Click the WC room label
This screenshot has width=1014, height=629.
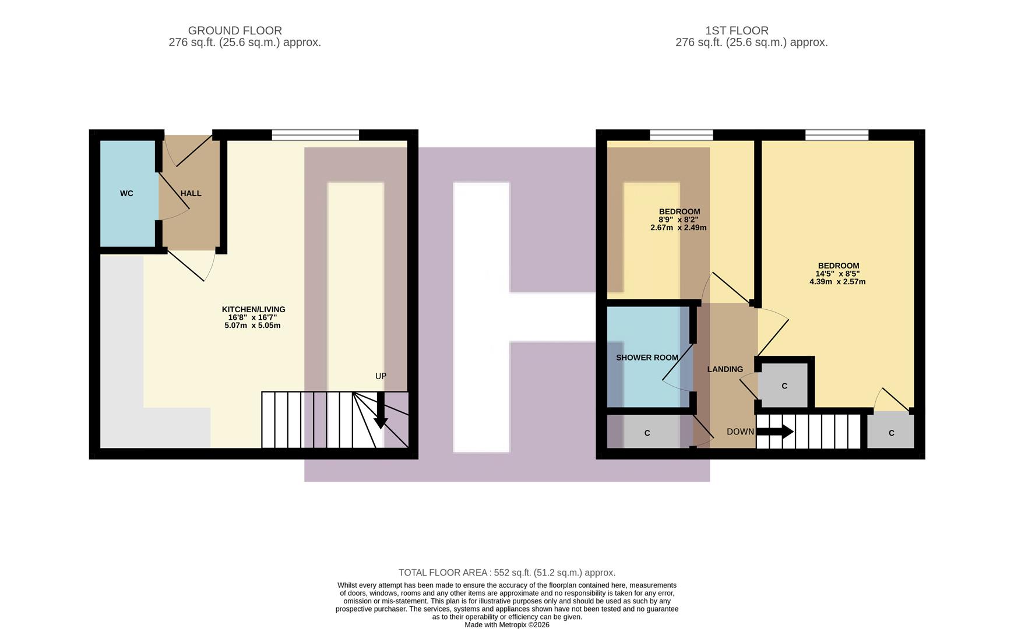tap(126, 193)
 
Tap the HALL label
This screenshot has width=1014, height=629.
tap(191, 193)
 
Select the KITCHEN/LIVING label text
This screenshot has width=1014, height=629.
tap(254, 309)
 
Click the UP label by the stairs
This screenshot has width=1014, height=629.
tap(381, 376)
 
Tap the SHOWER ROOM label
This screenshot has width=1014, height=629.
tap(647, 358)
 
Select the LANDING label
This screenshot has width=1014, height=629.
tap(725, 369)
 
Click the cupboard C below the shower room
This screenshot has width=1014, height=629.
tap(647, 433)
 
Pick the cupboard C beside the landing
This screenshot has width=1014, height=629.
tap(784, 386)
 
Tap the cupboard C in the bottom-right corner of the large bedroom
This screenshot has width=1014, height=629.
tap(891, 433)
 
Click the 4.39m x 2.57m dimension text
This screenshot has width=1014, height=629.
tap(837, 282)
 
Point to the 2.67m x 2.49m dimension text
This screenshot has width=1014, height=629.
tap(678, 228)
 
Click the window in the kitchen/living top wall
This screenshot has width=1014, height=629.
tap(315, 135)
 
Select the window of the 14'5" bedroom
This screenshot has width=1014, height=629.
tap(837, 135)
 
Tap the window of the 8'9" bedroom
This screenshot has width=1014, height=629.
tap(681, 135)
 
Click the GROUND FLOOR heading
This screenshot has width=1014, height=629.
tap(235, 30)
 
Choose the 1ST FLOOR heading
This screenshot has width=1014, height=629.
tap(737, 30)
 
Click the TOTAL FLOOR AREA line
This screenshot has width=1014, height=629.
tap(507, 573)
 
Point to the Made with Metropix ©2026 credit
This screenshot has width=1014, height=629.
tap(507, 625)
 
